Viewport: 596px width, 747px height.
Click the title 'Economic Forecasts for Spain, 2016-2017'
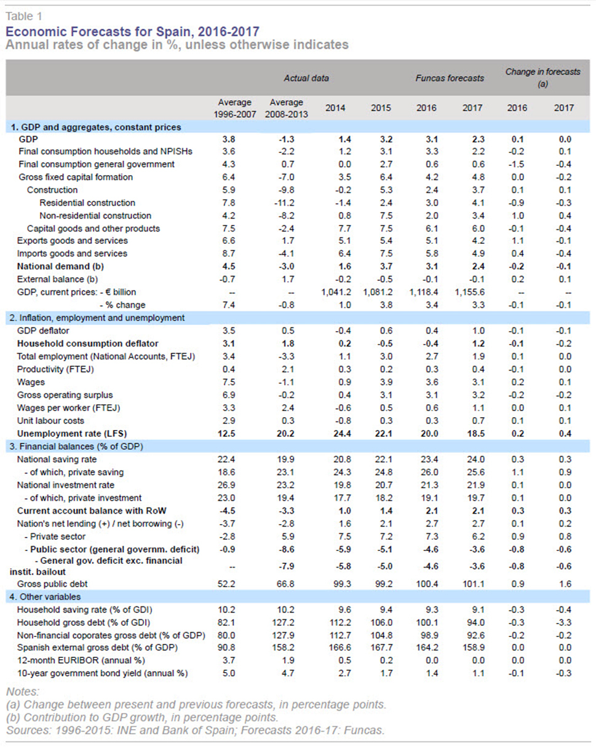click(x=132, y=31)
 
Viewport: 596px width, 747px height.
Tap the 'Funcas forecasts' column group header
click(x=450, y=78)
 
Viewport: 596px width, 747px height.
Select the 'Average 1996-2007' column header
click(x=234, y=108)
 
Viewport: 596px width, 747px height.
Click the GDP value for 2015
click(x=386, y=139)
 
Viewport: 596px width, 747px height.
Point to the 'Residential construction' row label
click(x=87, y=203)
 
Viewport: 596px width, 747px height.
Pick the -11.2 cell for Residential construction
click(x=284, y=203)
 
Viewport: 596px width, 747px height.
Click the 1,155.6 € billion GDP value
click(x=469, y=292)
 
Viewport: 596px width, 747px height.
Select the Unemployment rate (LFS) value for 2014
click(x=342, y=434)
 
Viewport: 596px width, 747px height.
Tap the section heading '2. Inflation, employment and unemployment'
click(x=97, y=318)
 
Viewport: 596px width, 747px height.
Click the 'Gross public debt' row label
click(x=52, y=584)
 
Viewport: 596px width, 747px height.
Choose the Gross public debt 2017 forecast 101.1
click(x=473, y=584)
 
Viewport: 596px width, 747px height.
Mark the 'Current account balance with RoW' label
click(x=92, y=510)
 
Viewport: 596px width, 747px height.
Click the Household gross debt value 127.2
click(x=283, y=622)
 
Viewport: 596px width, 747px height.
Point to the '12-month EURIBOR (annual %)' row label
click(x=81, y=660)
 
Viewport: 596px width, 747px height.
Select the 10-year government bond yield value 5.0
click(x=229, y=673)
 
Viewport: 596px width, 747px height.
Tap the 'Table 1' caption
click(x=24, y=17)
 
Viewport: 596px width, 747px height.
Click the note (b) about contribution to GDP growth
click(x=142, y=718)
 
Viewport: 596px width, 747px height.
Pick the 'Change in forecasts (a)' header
click(x=542, y=78)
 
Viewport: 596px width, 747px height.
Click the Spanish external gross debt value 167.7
click(x=381, y=647)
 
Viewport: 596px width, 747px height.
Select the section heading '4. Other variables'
click(x=45, y=596)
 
